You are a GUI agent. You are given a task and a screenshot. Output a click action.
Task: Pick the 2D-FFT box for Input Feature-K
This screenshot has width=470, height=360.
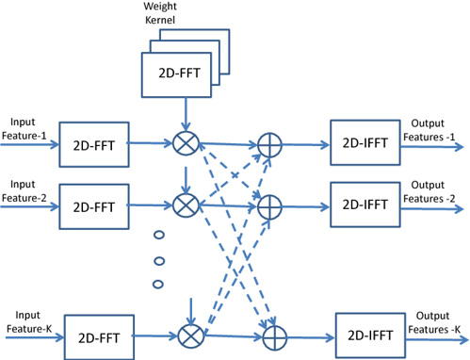coord(99,335)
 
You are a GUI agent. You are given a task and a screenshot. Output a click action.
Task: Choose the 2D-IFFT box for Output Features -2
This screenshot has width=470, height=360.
coord(363,204)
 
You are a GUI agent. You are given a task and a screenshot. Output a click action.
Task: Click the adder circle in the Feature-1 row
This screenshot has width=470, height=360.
coord(269,144)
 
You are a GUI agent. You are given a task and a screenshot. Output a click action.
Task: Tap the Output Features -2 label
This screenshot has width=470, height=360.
coord(435,191)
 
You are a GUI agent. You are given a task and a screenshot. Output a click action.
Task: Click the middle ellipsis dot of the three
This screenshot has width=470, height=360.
coord(158,260)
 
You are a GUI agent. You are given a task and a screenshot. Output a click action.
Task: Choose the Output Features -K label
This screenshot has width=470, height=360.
coord(435,320)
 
